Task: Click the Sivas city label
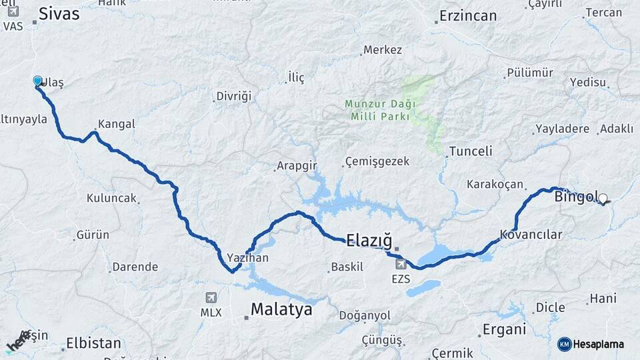click(x=59, y=13)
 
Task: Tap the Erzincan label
click(x=469, y=16)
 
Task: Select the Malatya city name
click(x=281, y=309)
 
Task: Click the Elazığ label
click(x=369, y=239)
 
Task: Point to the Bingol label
click(x=575, y=197)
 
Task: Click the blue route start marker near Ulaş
click(x=38, y=81)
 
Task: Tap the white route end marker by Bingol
click(x=603, y=198)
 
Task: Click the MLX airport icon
click(x=211, y=297)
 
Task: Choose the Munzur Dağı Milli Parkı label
click(x=380, y=110)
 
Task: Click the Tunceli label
click(x=471, y=151)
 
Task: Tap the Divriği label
click(x=233, y=97)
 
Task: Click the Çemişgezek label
click(x=377, y=162)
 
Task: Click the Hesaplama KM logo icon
click(x=565, y=344)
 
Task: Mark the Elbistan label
click(x=93, y=344)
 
